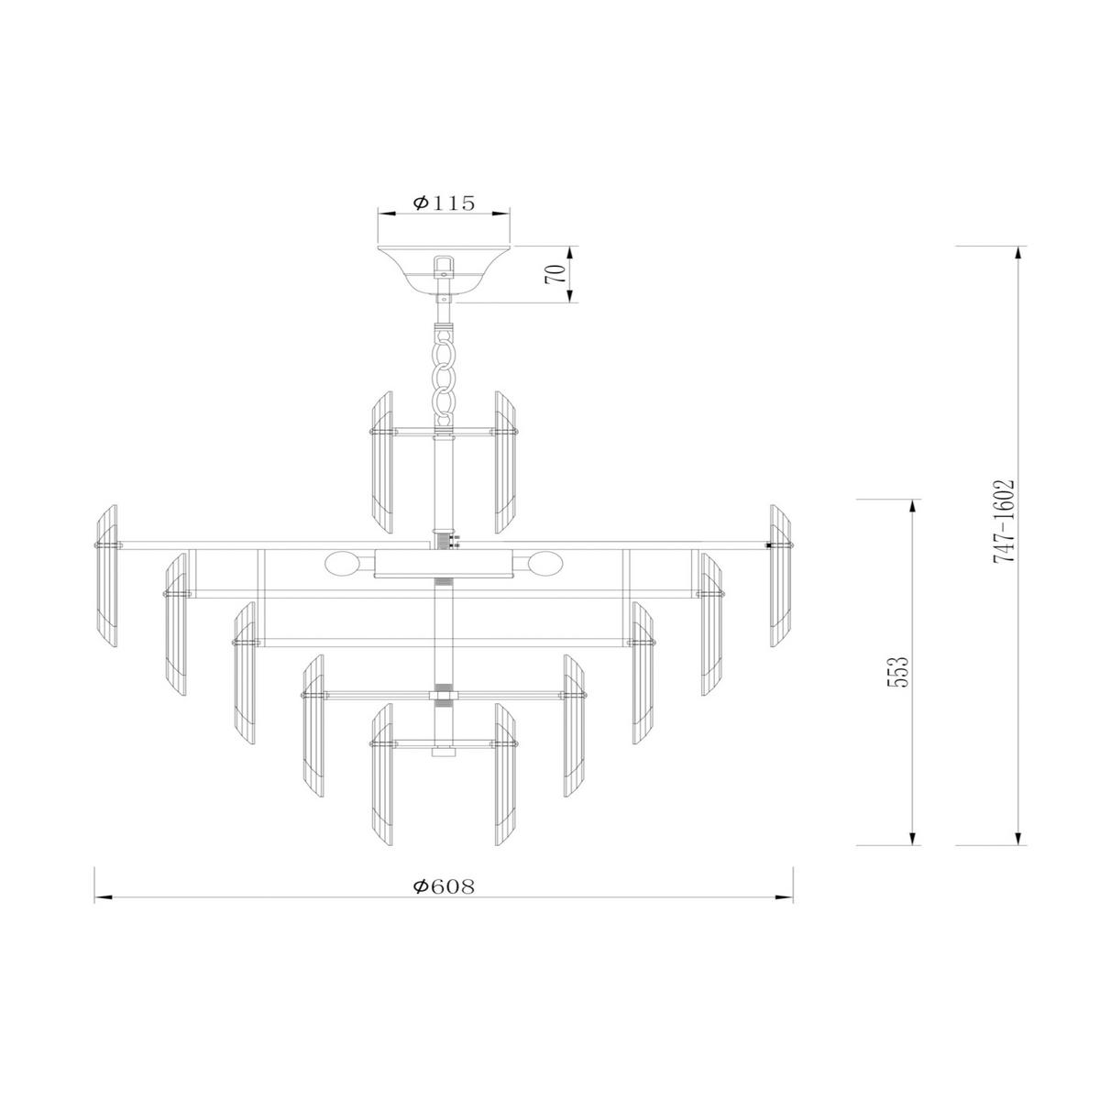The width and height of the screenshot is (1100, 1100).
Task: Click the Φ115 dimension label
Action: point(444,203)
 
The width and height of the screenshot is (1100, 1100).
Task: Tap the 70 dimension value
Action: point(553,274)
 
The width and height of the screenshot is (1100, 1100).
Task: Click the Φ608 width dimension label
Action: point(444,886)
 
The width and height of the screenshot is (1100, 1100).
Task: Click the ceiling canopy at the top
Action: point(445,265)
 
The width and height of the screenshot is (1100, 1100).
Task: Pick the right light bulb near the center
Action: point(549,563)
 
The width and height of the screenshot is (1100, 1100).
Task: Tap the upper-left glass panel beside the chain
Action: point(381,463)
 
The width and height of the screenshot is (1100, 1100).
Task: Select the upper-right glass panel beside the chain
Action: point(507,463)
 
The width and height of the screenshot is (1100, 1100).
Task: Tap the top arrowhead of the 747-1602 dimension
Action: point(1017,254)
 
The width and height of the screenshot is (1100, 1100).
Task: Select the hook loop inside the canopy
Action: point(445,265)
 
